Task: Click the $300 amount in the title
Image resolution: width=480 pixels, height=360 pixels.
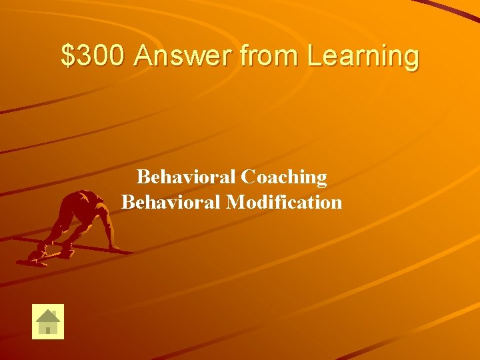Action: [93, 56]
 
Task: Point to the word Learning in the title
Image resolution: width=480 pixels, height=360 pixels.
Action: [363, 57]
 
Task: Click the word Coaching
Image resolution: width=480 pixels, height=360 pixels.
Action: [284, 177]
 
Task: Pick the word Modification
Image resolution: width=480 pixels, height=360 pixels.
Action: [284, 201]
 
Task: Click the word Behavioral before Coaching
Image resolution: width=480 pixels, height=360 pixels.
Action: [186, 177]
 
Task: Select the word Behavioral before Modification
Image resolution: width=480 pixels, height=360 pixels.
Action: [171, 201]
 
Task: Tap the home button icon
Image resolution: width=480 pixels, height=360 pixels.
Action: [48, 321]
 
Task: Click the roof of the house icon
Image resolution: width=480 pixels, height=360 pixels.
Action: [48, 315]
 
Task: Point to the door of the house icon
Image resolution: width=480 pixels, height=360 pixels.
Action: [48, 329]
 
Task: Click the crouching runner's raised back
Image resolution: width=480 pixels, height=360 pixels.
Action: [83, 200]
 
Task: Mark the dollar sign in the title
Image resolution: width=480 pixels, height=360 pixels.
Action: [67, 56]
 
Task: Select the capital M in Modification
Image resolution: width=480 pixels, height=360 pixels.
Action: [235, 201]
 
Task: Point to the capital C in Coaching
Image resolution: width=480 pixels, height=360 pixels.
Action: [249, 177]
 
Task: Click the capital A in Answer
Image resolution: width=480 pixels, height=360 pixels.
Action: [142, 56]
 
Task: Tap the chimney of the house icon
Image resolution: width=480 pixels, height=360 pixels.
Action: [55, 313]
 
